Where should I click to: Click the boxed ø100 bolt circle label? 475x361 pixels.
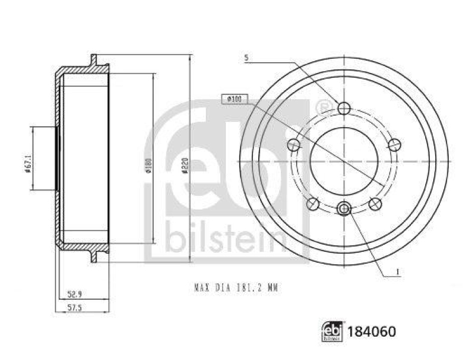(233, 100)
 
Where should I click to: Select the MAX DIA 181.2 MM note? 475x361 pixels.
(236, 288)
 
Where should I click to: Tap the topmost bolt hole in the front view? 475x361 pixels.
(344, 107)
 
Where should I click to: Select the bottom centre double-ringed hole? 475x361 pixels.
(344, 208)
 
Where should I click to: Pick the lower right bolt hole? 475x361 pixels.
(375, 204)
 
